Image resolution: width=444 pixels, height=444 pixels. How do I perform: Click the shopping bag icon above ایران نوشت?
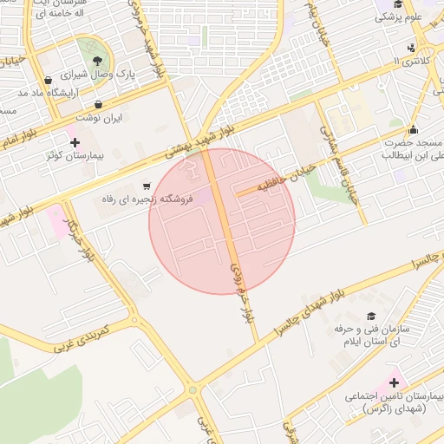tap(97, 104)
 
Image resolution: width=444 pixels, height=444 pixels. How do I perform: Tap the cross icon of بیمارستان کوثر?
tap(75, 142)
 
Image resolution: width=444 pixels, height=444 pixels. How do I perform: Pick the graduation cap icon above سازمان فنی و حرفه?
tap(371, 317)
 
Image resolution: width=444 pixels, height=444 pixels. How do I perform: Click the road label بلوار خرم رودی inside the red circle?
tap(241, 292)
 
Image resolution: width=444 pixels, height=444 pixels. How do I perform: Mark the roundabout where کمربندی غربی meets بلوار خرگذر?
tap(134, 321)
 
